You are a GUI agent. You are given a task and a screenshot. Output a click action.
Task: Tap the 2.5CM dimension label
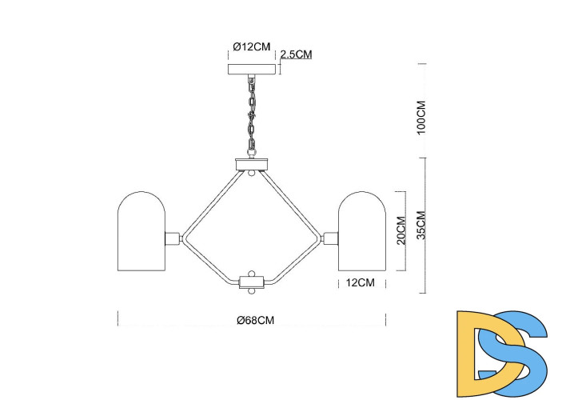(x=296, y=54)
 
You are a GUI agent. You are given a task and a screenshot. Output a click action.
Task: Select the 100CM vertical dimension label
(x=421, y=118)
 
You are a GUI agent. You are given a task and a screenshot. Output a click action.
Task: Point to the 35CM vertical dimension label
(x=421, y=226)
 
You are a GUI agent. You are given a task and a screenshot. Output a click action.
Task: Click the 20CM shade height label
(x=401, y=230)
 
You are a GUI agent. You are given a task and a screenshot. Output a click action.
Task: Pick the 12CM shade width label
(x=360, y=282)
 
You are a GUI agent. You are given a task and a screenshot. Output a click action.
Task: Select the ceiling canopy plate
(x=253, y=70)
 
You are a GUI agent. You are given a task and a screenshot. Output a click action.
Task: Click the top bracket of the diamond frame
(x=253, y=166)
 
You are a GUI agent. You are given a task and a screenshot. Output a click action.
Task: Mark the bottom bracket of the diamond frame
(x=253, y=282)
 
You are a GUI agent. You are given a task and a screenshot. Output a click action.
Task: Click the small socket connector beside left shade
(x=171, y=238)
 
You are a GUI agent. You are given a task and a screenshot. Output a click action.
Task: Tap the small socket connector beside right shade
(x=331, y=238)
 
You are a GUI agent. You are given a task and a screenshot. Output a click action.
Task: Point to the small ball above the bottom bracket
(x=253, y=272)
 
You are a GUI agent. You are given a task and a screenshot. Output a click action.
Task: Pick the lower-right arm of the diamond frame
(x=297, y=262)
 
